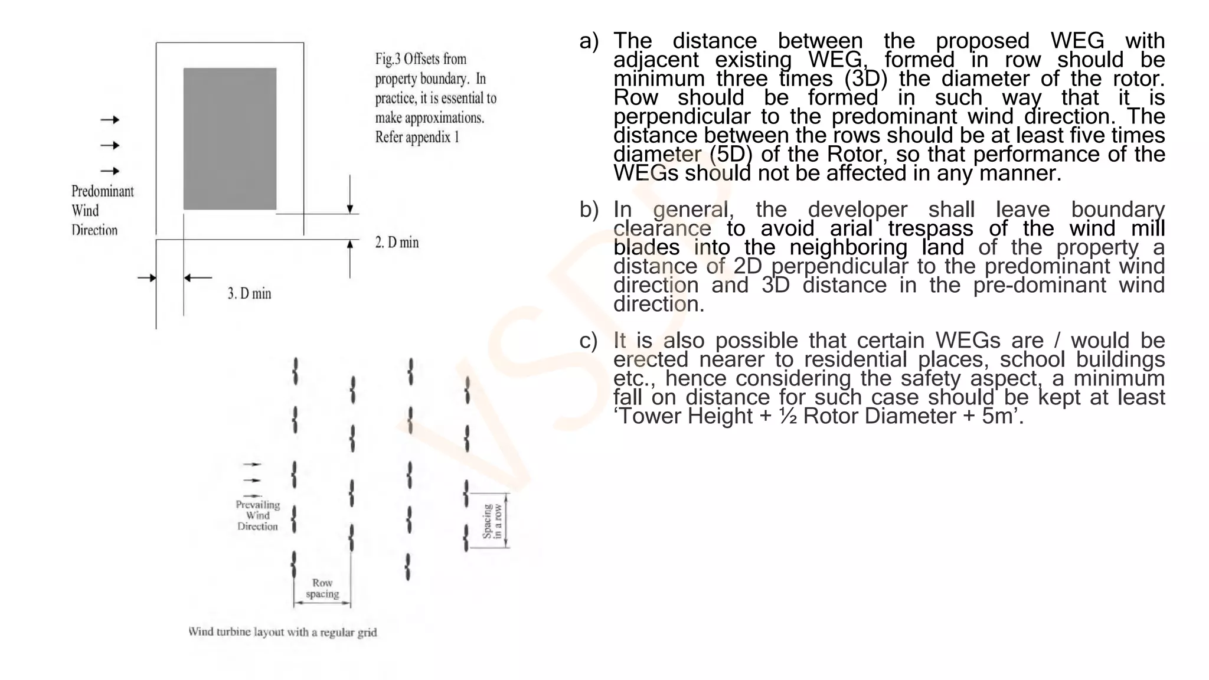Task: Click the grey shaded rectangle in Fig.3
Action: [230, 139]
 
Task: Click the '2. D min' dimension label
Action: [397, 243]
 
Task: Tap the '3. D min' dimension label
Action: [249, 293]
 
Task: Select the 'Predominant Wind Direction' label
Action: [102, 211]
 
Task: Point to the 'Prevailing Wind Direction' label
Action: [257, 515]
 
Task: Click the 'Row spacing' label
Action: [322, 589]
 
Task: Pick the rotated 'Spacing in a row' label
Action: [492, 521]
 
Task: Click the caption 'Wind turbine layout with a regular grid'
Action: [282, 632]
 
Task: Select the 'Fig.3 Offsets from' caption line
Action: [420, 59]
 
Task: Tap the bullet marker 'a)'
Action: [589, 41]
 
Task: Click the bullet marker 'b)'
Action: [589, 210]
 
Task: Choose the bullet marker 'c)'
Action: [588, 341]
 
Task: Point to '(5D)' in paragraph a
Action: [731, 155]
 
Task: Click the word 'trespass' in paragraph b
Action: [930, 229]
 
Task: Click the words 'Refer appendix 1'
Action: [417, 138]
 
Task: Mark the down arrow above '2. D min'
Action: [350, 195]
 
